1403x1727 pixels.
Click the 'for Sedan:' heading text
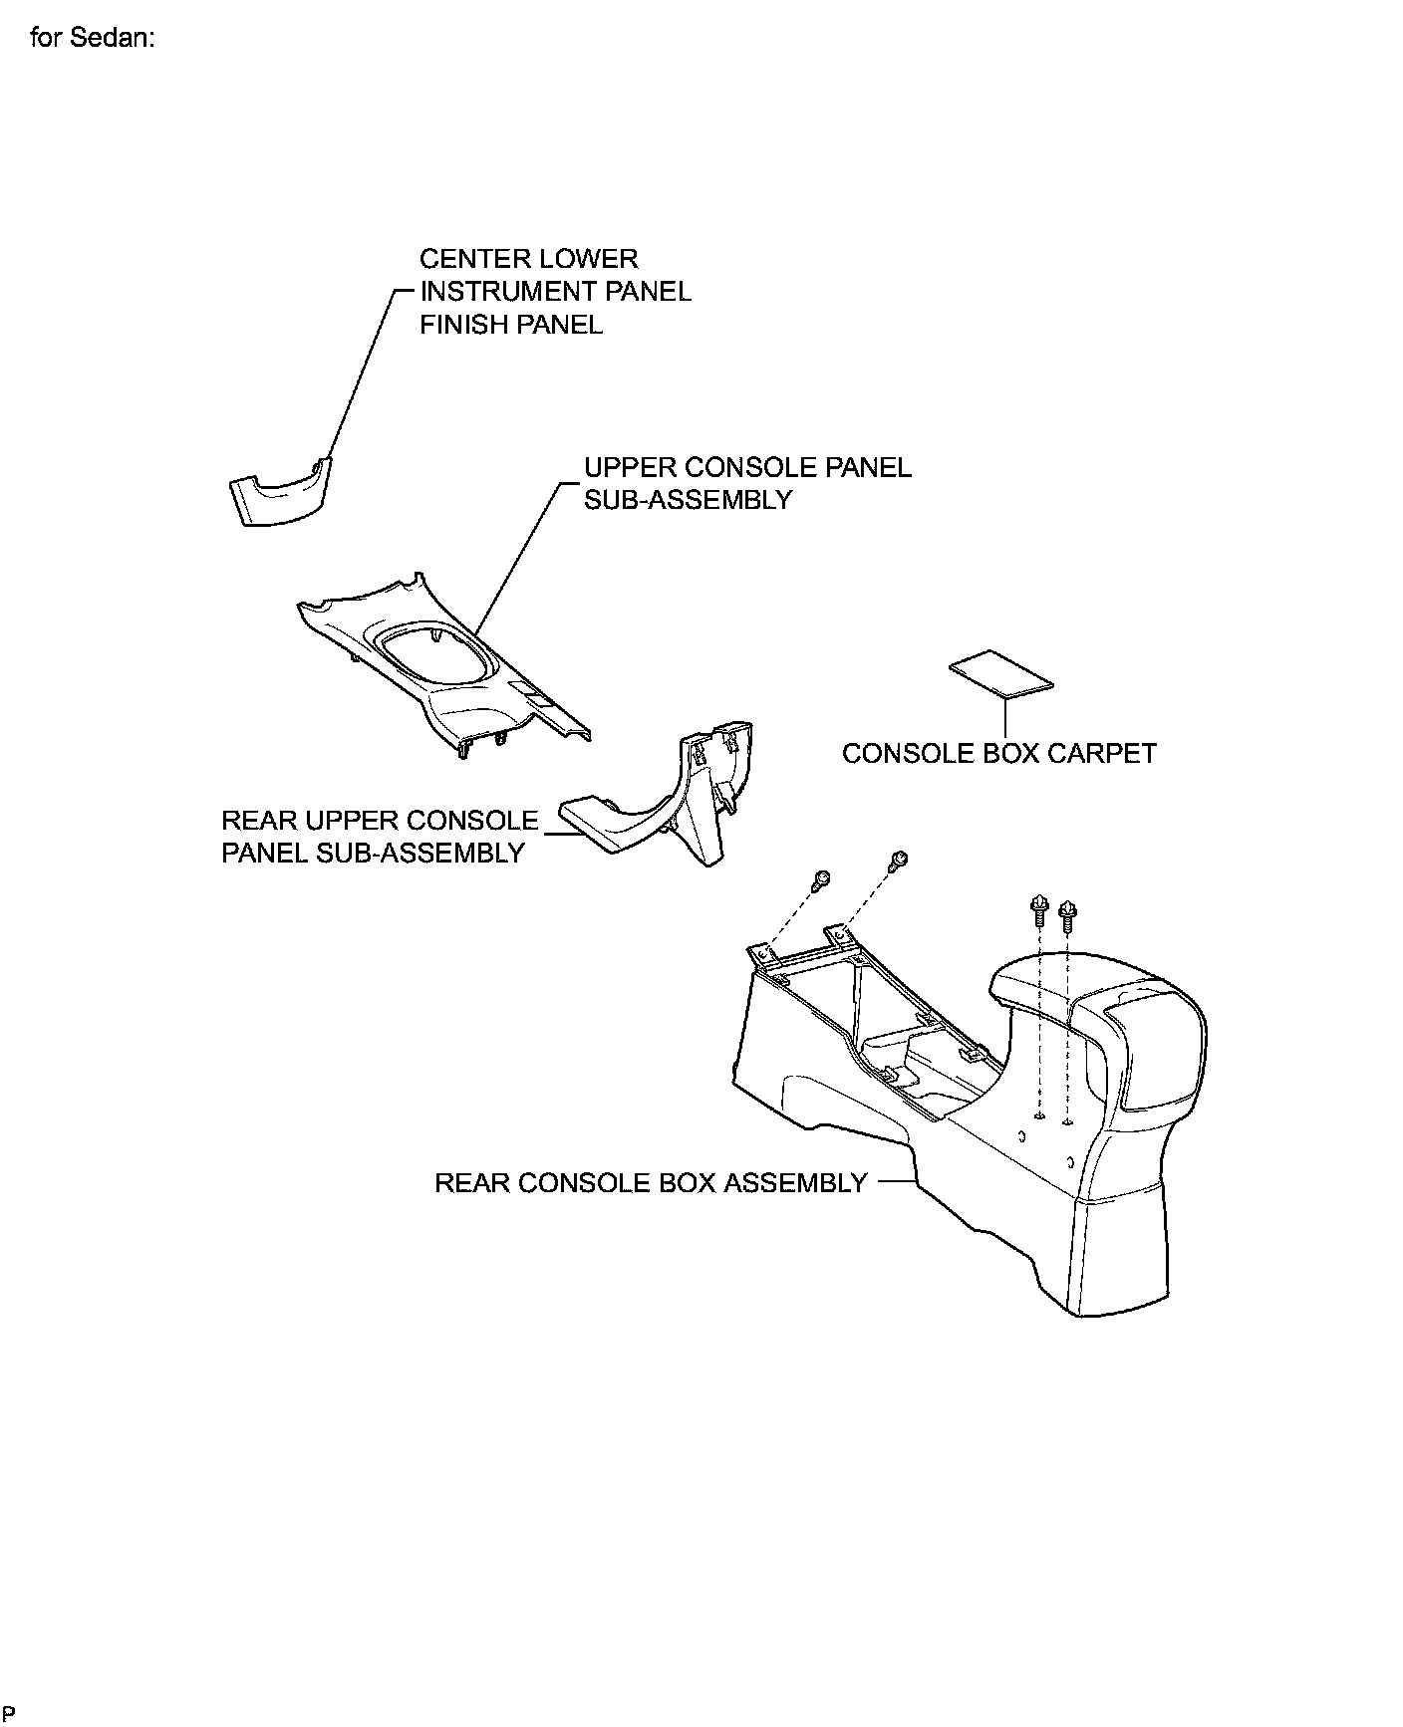point(92,39)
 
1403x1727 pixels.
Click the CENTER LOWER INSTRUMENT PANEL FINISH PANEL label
point(554,291)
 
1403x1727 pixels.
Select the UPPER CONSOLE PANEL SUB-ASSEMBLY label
point(746,483)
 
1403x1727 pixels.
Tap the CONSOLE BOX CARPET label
point(998,753)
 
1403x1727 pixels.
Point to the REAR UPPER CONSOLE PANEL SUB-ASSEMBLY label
point(380,837)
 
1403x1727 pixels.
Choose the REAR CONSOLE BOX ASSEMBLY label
point(651,1183)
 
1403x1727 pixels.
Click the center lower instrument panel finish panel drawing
point(279,494)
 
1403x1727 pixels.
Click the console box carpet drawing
point(999,674)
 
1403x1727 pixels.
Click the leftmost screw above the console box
point(822,878)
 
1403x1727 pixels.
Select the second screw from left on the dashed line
point(898,858)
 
